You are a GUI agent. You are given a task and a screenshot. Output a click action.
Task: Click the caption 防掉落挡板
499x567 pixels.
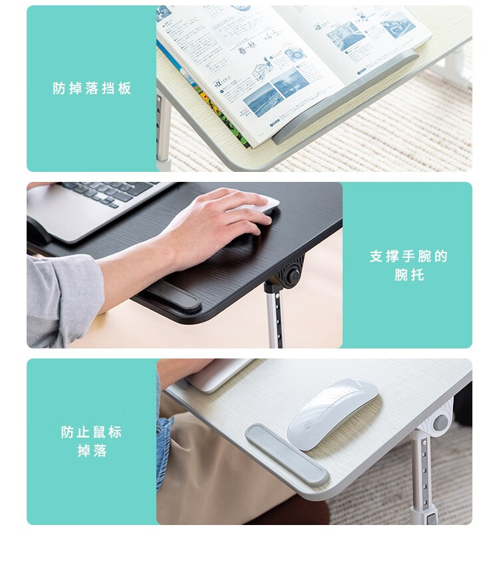92,88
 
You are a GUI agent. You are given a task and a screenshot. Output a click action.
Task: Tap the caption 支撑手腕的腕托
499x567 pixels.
409,265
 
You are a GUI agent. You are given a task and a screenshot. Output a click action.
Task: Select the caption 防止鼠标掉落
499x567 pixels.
91,441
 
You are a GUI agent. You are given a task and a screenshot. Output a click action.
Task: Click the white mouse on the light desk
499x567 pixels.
332,413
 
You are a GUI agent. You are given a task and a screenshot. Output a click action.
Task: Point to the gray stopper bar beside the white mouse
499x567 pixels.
287,454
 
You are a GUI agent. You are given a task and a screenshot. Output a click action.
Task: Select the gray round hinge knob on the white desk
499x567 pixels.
440,422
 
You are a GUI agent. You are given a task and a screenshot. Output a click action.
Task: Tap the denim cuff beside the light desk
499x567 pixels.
163,452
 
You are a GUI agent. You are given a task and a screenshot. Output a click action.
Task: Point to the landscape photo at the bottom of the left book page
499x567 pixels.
263,100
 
